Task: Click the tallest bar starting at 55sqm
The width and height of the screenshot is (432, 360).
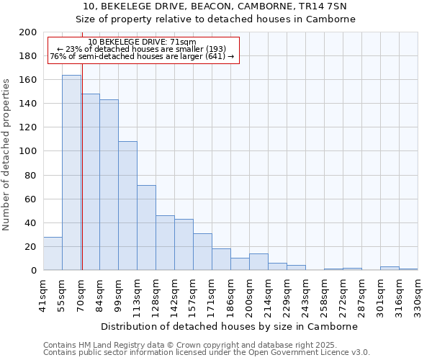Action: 71,173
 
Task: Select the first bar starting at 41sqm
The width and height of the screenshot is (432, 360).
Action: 53,253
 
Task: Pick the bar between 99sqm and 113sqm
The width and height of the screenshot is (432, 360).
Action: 127,206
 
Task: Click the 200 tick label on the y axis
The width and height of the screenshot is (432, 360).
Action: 29,32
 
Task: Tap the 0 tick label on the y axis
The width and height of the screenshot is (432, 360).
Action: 34,270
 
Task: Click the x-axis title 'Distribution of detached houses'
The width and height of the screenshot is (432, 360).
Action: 229,326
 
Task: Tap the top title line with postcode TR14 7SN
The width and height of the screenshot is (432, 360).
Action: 215,6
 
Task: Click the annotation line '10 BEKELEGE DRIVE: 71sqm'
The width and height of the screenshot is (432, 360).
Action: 142,42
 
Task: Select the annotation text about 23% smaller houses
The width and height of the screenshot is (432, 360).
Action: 142,49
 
